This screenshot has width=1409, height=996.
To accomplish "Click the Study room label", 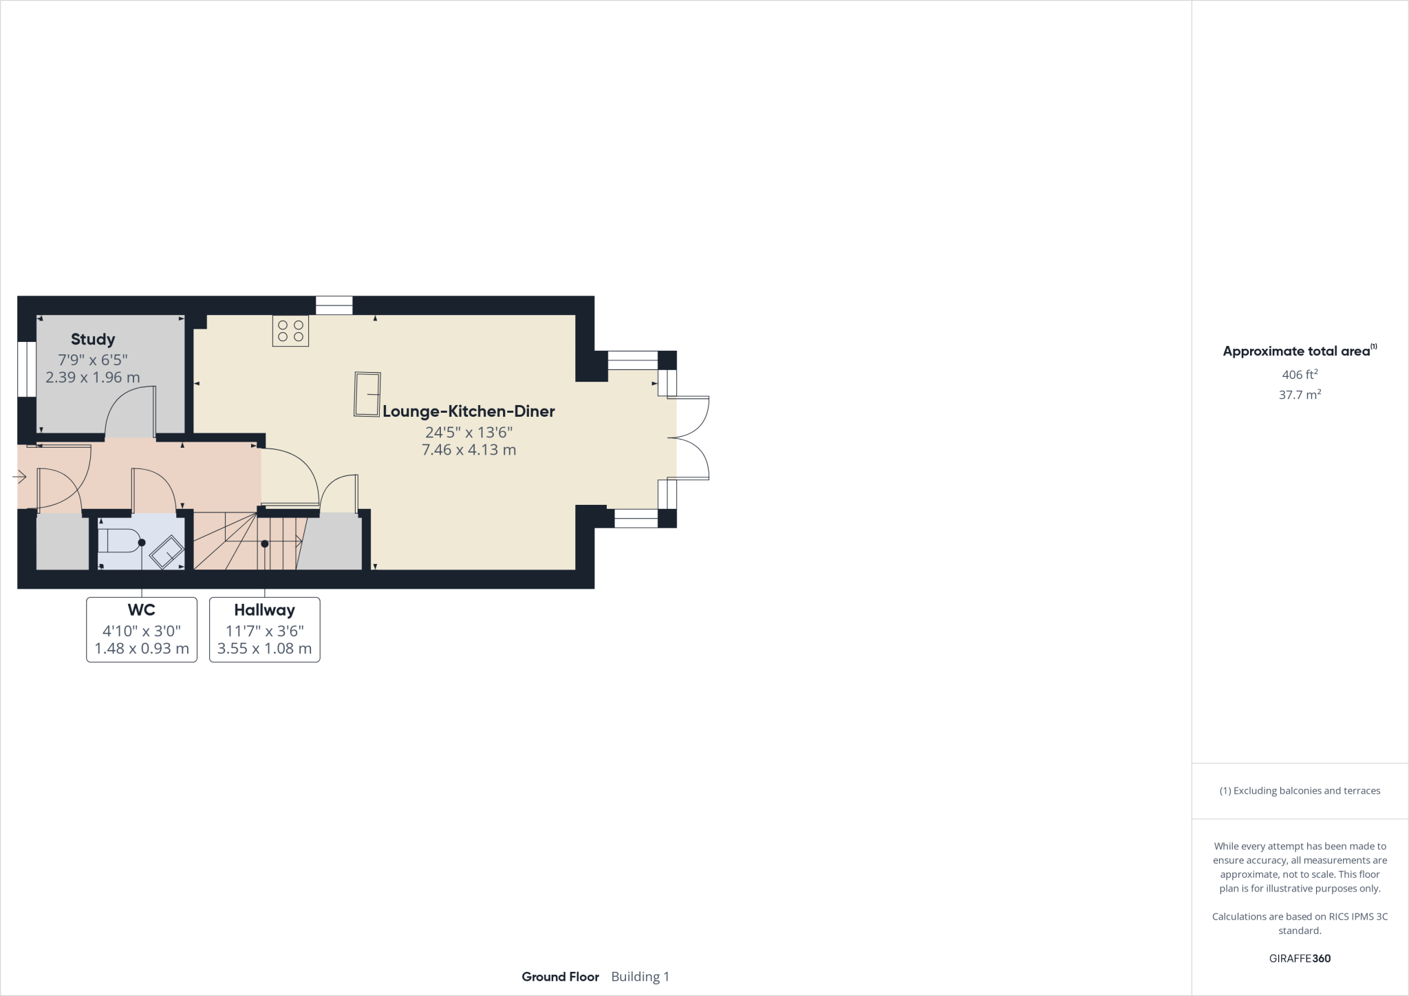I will [x=93, y=339].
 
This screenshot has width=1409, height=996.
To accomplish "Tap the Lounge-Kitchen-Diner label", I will [x=469, y=411].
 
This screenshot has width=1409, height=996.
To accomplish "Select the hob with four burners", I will [x=290, y=330].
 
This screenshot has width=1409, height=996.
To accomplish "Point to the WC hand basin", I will [x=166, y=552].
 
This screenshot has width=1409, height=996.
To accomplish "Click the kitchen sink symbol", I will [x=367, y=394].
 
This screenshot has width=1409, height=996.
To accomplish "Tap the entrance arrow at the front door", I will [x=19, y=476].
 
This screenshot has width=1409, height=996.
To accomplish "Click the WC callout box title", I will [x=141, y=610].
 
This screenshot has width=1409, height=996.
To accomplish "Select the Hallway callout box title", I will [x=264, y=610].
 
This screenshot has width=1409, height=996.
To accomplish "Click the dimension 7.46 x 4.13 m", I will [x=469, y=450].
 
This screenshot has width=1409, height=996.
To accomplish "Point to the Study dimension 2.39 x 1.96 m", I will [x=93, y=377].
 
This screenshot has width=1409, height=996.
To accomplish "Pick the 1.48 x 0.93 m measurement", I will [x=141, y=649].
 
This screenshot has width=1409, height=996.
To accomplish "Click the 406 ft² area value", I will [x=1300, y=375].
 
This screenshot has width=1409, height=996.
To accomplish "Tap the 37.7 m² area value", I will [x=1300, y=395].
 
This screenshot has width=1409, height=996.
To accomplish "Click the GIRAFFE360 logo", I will [x=1300, y=958].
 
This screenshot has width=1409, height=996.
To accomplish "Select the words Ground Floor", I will [x=560, y=977].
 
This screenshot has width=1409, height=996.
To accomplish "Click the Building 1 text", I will [x=640, y=977].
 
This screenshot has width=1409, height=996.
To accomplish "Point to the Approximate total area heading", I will [x=1296, y=351].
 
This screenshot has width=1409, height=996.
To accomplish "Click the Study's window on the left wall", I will [x=27, y=369].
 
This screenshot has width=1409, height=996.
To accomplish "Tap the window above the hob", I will [x=334, y=305].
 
